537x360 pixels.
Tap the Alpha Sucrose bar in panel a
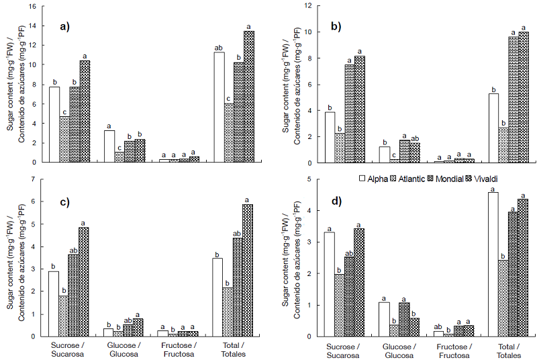(x=54, y=124)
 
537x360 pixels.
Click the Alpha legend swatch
(x=362, y=179)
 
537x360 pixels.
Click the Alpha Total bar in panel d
(x=494, y=264)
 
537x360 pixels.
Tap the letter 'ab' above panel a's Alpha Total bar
(x=219, y=48)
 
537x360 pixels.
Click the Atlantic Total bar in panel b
(x=503, y=145)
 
